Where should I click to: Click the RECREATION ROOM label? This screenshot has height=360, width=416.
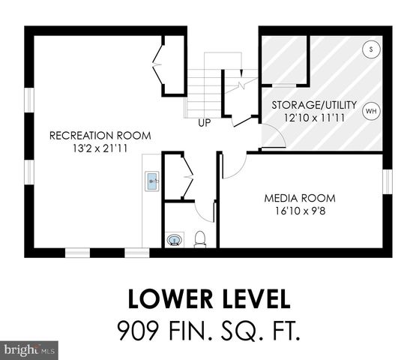[100, 136]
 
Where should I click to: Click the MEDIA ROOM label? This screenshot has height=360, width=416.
[299, 198]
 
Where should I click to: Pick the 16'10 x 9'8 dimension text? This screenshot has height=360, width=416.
[299, 211]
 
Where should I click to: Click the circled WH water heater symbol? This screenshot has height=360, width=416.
[370, 112]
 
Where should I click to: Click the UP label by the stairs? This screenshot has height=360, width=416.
[205, 123]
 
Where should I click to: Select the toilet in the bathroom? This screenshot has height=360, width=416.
[200, 239]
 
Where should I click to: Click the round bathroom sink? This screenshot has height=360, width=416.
[174, 240]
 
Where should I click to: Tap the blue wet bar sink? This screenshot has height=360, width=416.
[151, 181]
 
